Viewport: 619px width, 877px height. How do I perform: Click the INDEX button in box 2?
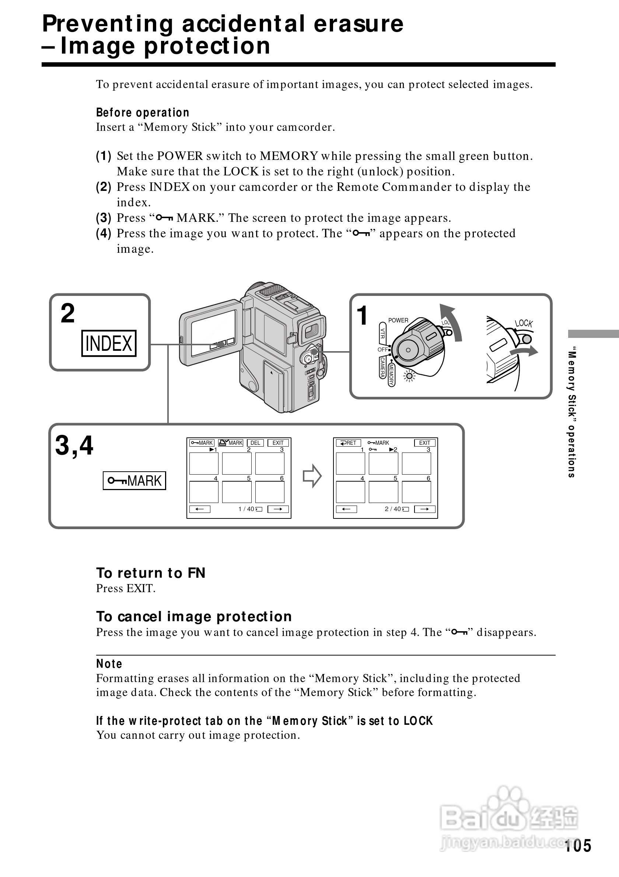click(x=109, y=343)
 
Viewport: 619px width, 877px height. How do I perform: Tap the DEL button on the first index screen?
click(x=255, y=443)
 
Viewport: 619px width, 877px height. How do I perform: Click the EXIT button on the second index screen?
click(x=424, y=443)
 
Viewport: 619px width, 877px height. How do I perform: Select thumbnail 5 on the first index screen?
click(x=237, y=492)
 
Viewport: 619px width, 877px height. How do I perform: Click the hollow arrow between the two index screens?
click(x=312, y=476)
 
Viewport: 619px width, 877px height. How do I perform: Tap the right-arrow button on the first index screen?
click(x=278, y=509)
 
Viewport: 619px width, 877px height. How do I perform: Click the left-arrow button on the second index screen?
click(x=346, y=509)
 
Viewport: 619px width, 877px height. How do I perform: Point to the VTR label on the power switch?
click(x=382, y=333)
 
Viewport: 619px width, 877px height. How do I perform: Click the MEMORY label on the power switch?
click(x=391, y=375)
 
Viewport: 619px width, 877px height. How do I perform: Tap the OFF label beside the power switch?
click(x=382, y=349)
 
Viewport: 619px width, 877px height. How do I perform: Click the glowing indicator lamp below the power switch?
click(x=410, y=377)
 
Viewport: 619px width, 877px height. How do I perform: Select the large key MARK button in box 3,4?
click(x=134, y=481)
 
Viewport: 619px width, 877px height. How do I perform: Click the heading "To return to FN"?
click(x=151, y=573)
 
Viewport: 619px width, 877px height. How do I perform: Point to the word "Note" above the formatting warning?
click(x=109, y=664)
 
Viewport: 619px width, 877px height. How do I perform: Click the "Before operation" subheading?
click(x=143, y=113)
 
